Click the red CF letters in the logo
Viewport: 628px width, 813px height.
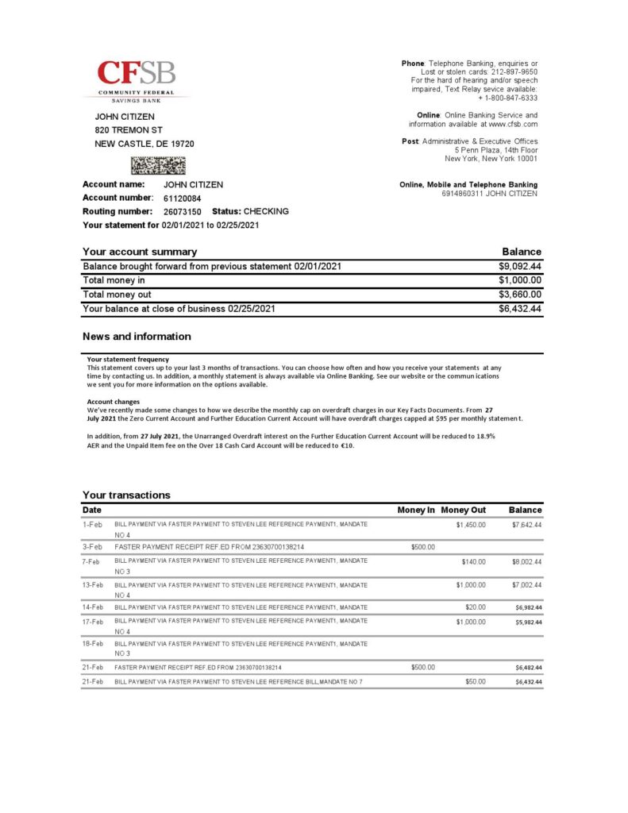pos(118,74)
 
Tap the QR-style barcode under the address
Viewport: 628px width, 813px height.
pos(158,165)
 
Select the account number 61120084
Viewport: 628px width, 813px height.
pos(183,198)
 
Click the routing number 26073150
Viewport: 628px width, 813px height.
pos(183,212)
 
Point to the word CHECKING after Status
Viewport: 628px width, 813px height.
pos(266,212)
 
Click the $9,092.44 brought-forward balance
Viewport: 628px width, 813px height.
pos(520,266)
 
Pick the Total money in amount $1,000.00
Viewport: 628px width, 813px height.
pos(520,280)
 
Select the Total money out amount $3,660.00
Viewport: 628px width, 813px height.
pos(520,295)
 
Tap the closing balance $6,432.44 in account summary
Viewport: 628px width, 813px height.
pos(520,309)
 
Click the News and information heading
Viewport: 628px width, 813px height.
pos(137,337)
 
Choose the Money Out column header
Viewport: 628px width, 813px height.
pos(464,510)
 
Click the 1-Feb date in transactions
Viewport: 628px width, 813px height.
pos(92,525)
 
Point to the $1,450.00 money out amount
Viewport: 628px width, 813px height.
pos(471,525)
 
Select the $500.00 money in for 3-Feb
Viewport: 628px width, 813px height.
pos(423,547)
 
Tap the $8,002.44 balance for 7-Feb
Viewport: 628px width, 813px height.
pos(526,562)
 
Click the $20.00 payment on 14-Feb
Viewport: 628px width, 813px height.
pos(476,607)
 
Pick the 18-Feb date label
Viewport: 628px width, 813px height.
pos(93,644)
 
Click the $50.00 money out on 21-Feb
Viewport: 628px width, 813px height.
pos(476,682)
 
